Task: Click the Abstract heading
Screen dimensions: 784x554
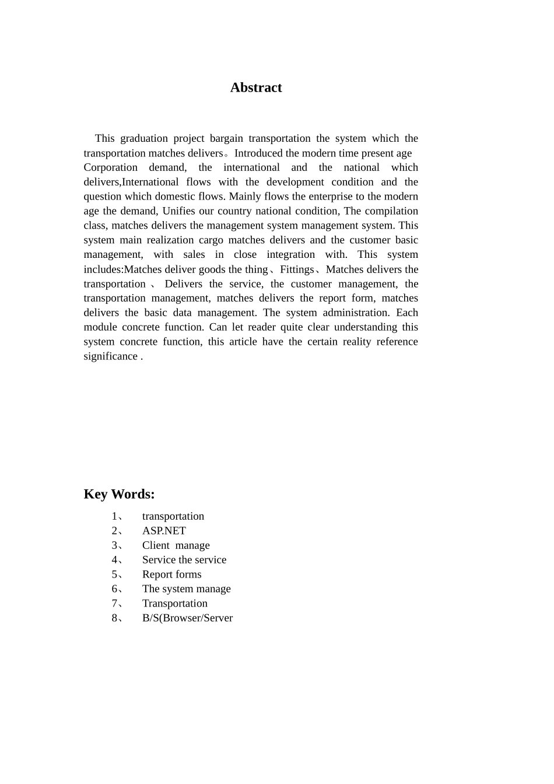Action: click(x=256, y=87)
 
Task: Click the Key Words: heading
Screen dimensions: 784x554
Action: click(x=119, y=494)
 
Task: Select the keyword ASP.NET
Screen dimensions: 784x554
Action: click(x=164, y=531)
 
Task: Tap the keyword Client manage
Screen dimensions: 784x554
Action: click(x=176, y=545)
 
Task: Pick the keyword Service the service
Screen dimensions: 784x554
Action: click(x=184, y=560)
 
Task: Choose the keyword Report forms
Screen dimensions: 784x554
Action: click(x=171, y=575)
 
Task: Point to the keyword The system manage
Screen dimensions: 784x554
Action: click(x=186, y=589)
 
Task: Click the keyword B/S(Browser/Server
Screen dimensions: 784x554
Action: click(x=187, y=618)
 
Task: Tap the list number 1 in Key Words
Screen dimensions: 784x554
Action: click(x=114, y=516)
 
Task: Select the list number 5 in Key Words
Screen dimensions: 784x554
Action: click(x=114, y=575)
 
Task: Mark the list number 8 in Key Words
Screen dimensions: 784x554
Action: click(x=114, y=618)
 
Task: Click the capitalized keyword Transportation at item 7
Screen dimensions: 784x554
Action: click(x=174, y=604)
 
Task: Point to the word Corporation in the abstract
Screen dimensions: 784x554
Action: click(x=110, y=167)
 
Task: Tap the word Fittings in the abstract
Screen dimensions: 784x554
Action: click(x=296, y=269)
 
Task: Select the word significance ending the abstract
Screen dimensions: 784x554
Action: click(x=110, y=356)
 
